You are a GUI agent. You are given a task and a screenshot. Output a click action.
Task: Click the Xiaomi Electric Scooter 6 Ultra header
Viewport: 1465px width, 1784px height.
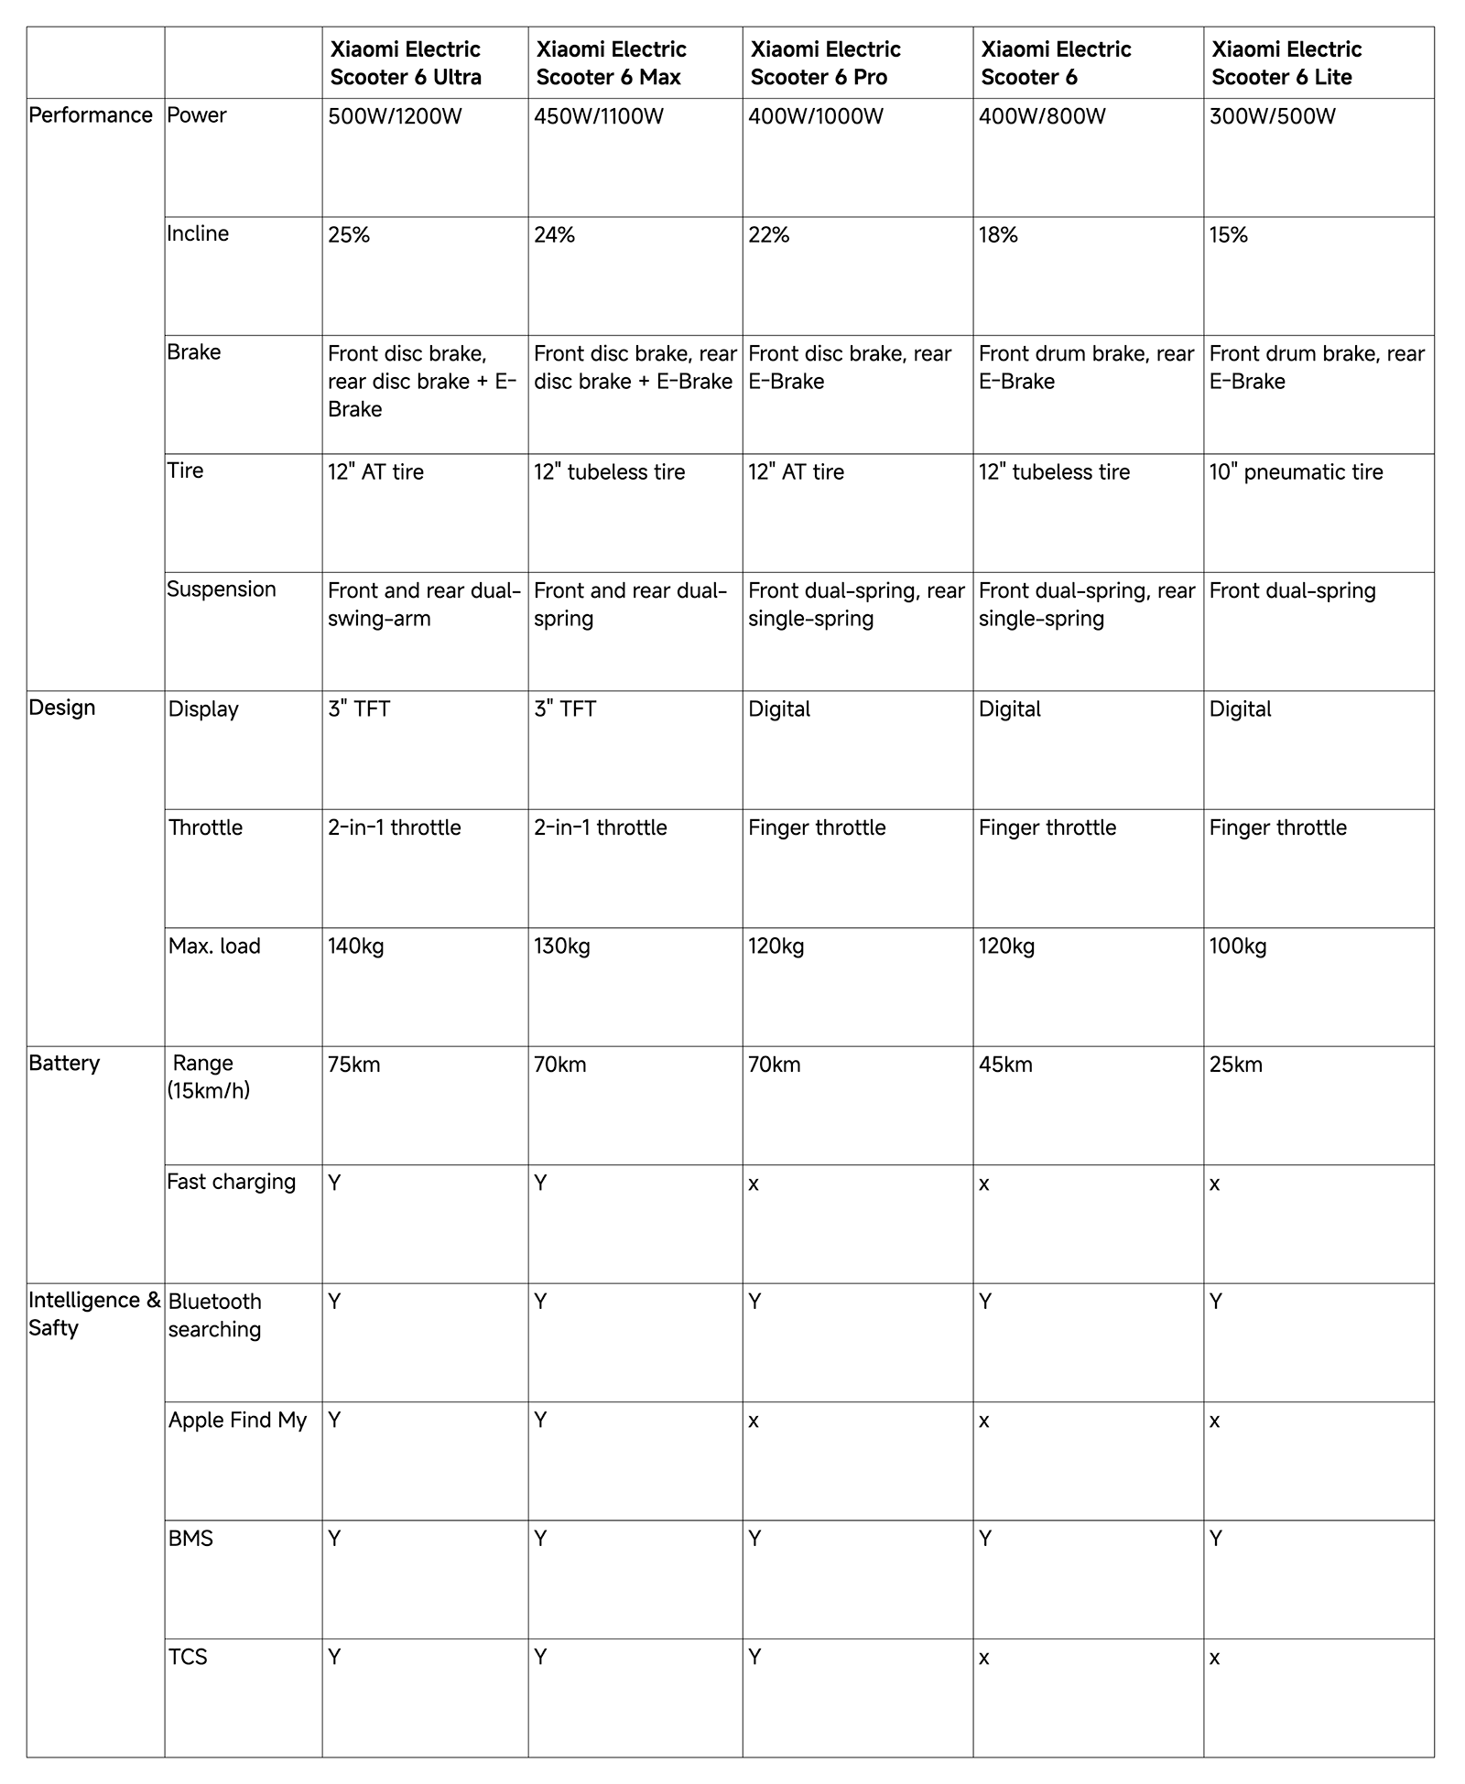click(406, 63)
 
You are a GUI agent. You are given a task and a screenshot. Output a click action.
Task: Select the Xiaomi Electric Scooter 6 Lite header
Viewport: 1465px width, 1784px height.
click(1286, 63)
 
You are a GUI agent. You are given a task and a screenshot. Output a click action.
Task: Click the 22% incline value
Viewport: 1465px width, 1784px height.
click(768, 235)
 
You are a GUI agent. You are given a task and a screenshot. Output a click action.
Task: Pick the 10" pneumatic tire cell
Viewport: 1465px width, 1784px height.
click(1296, 472)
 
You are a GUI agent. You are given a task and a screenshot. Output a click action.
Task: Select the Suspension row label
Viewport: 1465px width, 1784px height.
click(221, 589)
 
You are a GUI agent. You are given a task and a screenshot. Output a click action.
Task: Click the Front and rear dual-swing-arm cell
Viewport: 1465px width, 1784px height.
click(424, 604)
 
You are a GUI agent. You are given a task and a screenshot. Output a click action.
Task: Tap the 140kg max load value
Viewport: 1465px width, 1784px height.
click(356, 946)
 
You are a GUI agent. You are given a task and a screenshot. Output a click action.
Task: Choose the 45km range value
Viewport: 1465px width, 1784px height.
click(1005, 1065)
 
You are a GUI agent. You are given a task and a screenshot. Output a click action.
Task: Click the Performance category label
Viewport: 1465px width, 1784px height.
click(91, 115)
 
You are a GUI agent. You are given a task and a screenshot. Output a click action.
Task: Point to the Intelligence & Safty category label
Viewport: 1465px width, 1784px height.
click(93, 1314)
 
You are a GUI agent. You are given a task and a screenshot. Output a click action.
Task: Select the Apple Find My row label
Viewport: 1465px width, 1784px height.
click(237, 1420)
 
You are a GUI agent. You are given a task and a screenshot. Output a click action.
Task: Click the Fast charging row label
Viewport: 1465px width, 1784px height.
click(231, 1182)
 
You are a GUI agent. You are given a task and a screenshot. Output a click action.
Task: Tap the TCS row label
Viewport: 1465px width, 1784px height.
click(188, 1657)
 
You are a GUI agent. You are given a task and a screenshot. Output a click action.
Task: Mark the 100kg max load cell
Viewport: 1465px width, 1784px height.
click(1238, 946)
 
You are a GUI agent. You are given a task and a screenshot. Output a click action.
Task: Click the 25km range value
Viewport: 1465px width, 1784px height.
click(1235, 1065)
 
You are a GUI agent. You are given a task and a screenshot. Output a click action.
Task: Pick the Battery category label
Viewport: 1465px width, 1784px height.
click(64, 1064)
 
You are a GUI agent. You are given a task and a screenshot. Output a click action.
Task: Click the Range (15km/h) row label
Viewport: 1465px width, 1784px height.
click(208, 1076)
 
